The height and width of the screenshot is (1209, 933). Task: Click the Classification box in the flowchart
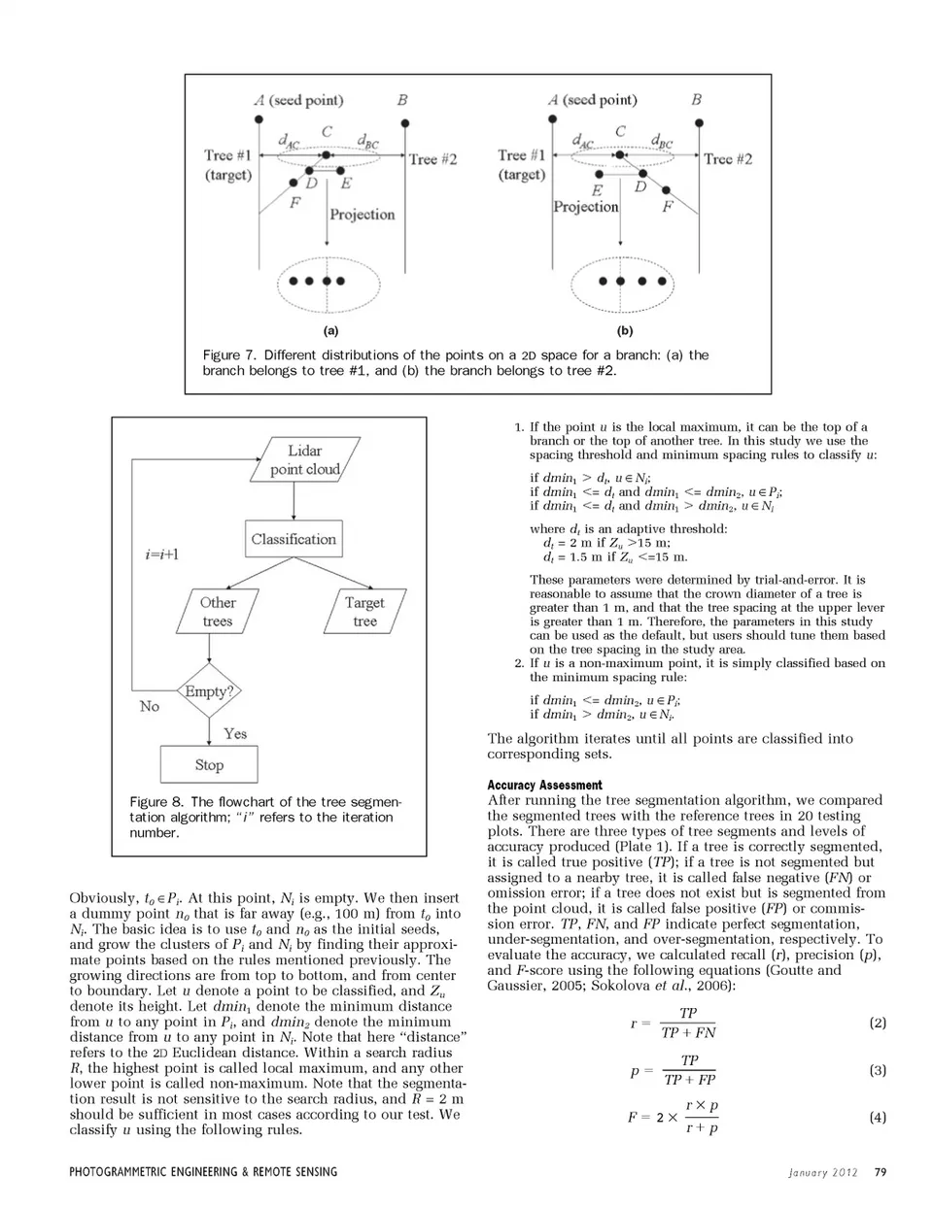tap(294, 539)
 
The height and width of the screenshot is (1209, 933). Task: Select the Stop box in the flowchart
tap(209, 764)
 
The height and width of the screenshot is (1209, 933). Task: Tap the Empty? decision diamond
tap(209, 690)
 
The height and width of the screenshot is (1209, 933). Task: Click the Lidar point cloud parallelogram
tap(305, 459)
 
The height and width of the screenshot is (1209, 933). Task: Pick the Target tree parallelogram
tap(364, 612)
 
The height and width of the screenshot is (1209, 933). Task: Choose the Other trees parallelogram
tap(218, 612)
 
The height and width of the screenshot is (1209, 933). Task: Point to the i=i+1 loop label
tap(162, 554)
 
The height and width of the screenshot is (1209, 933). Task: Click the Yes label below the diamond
tap(235, 733)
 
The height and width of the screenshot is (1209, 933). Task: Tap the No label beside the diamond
tap(150, 706)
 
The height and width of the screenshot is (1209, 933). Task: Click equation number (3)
tap(878, 1070)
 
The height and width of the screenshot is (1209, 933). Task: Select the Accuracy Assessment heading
tap(544, 785)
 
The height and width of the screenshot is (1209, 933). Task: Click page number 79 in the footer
tap(881, 1171)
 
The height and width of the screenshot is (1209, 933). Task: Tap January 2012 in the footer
tap(823, 1172)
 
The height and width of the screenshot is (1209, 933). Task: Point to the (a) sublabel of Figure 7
tap(330, 331)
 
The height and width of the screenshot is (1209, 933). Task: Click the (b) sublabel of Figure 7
tap(625, 331)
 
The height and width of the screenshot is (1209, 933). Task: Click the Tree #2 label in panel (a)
tap(433, 159)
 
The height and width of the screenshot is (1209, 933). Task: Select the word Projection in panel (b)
tap(586, 207)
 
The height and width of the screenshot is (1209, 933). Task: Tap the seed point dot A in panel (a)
tap(259, 119)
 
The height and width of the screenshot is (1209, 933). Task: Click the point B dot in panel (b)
tap(699, 123)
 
